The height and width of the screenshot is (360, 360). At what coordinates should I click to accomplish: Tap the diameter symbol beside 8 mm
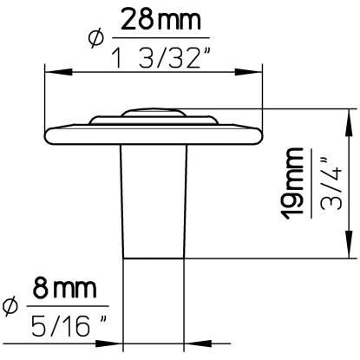(11, 306)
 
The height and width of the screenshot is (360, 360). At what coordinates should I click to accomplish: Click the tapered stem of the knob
(154, 200)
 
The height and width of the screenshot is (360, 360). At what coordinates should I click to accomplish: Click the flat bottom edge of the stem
(154, 258)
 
